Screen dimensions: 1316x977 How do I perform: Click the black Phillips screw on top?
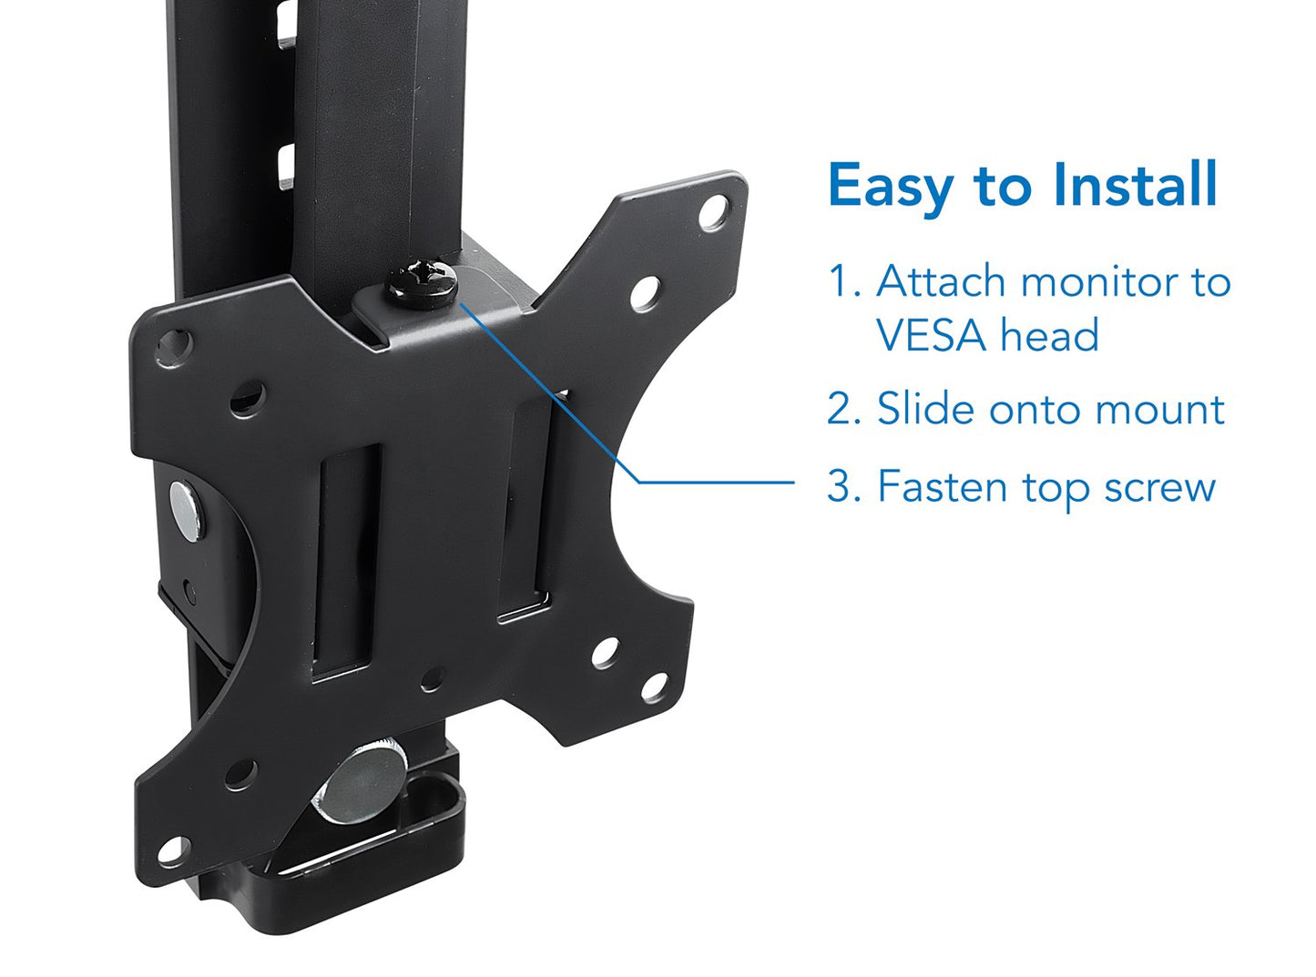423,284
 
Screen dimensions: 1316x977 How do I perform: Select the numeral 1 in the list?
837,280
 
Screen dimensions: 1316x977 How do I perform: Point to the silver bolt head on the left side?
185,511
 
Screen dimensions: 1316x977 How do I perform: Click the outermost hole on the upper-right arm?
714,212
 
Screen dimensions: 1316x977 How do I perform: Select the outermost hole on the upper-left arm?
174,347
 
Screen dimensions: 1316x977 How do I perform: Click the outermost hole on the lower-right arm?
654,687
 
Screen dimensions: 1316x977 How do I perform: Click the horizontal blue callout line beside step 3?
716,483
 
